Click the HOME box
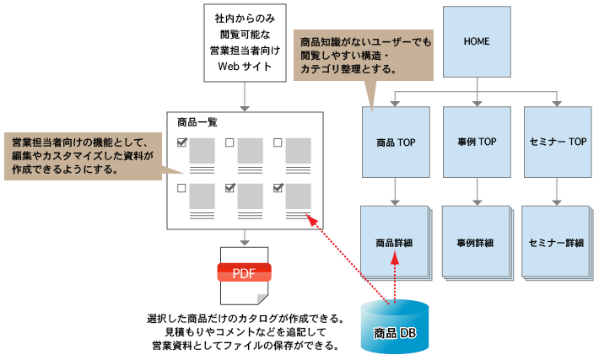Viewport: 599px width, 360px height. [x=477, y=40]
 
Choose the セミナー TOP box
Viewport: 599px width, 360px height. [x=555, y=142]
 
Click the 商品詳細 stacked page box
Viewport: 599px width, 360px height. [x=393, y=243]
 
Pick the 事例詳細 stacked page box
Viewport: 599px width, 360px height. [x=474, y=243]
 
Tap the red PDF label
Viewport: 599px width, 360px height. [x=244, y=272]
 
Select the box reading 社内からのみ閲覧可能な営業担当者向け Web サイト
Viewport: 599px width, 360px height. [x=243, y=41]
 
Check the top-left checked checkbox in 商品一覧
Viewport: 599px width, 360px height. [x=181, y=143]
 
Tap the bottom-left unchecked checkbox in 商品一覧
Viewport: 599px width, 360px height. [x=181, y=189]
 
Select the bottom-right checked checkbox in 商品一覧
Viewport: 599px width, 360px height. [x=278, y=189]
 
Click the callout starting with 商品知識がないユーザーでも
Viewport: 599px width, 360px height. [x=362, y=55]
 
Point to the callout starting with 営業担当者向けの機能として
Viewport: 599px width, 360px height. [x=81, y=156]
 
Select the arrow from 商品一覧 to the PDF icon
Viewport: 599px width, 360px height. [x=243, y=236]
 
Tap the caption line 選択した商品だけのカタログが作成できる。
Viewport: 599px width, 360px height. [x=245, y=320]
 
